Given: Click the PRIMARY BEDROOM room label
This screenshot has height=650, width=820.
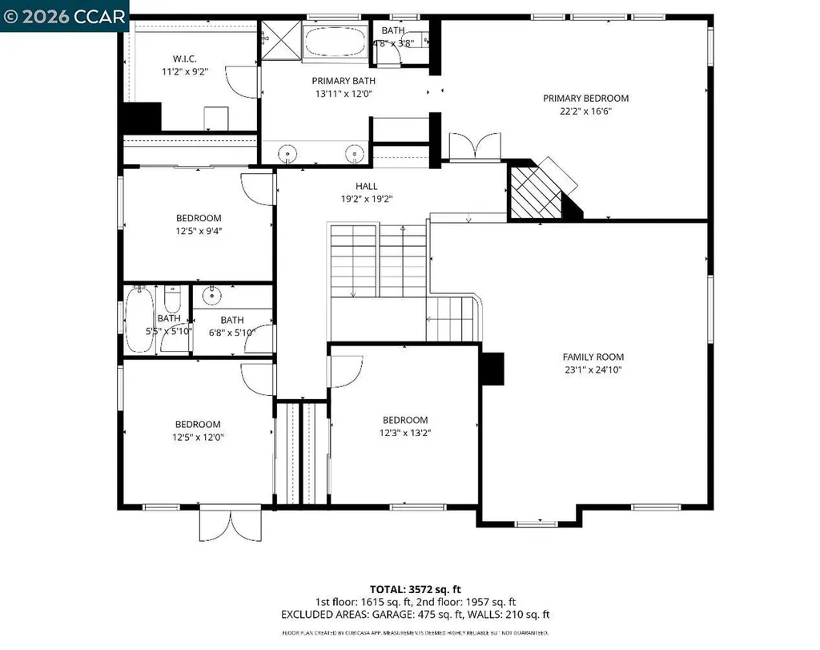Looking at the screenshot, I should [585, 99].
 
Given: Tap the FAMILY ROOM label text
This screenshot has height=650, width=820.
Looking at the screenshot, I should [593, 357].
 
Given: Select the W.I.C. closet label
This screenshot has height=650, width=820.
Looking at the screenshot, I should [185, 59].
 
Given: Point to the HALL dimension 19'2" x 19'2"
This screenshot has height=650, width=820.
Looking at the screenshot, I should [367, 200].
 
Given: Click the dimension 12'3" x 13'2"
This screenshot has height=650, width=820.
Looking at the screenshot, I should [404, 434].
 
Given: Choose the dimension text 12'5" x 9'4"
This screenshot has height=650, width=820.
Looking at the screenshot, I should [199, 232].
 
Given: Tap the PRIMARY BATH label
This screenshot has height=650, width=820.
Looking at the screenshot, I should [344, 80].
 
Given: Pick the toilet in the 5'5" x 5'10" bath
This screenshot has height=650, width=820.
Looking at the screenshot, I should [171, 301].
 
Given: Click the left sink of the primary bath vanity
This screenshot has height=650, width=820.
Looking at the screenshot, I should [287, 152].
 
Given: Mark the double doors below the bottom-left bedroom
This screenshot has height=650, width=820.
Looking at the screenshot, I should [230, 524].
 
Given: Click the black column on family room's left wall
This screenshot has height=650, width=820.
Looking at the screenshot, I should [492, 368].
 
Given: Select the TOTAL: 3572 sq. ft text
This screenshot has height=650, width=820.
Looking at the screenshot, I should [415, 588].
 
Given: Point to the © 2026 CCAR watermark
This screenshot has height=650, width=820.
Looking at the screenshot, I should [64, 15].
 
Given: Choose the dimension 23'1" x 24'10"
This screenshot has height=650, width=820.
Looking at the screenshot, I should [593, 370].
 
